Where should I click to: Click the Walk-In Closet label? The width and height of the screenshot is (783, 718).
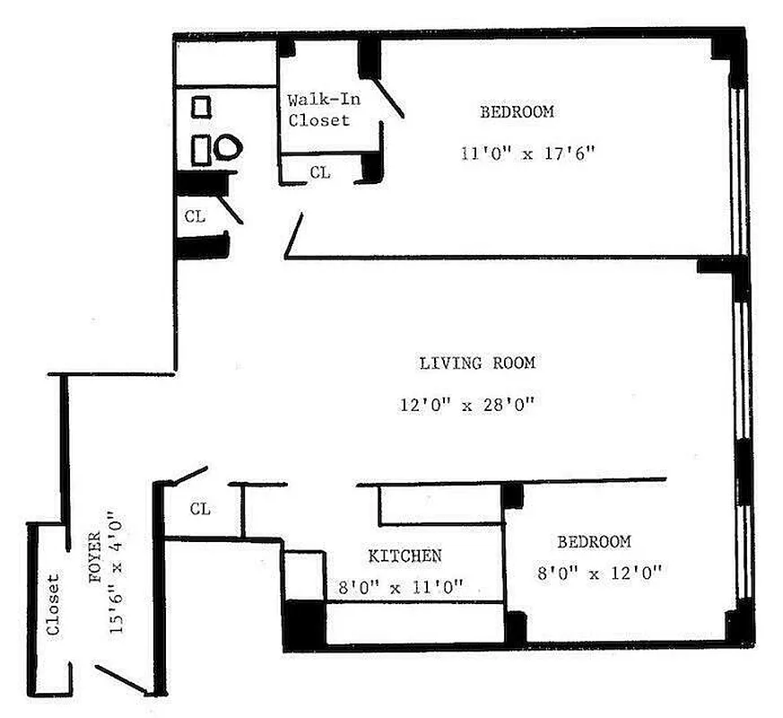pyautogui.click(x=318, y=109)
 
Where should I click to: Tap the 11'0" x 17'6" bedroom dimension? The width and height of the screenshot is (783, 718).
pyautogui.click(x=527, y=153)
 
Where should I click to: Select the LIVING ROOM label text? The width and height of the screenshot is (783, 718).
pyautogui.click(x=477, y=363)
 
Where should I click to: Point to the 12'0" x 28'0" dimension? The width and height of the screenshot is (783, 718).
pyautogui.click(x=467, y=405)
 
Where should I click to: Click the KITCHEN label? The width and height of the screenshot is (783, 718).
pyautogui.click(x=405, y=556)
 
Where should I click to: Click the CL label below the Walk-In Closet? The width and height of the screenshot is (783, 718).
pyautogui.click(x=319, y=172)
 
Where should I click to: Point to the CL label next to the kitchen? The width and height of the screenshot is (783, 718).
pyautogui.click(x=201, y=509)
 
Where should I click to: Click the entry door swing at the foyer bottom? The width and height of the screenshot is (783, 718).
pyautogui.click(x=121, y=679)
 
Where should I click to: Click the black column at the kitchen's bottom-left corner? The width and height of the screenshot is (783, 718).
pyautogui.click(x=304, y=623)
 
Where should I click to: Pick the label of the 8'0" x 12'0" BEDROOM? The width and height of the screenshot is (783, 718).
pyautogui.click(x=594, y=542)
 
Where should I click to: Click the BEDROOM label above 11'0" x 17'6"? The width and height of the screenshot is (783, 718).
pyautogui.click(x=517, y=112)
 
